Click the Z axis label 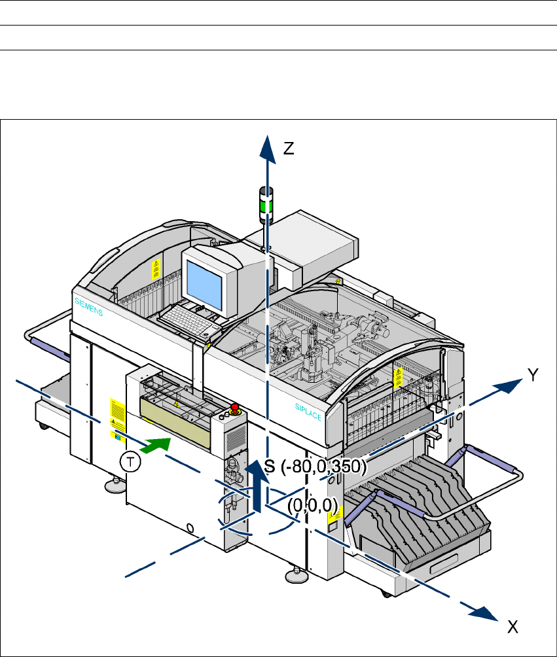click(289, 149)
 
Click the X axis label click(514, 628)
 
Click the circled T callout click(132, 462)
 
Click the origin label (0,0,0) click(312, 505)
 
